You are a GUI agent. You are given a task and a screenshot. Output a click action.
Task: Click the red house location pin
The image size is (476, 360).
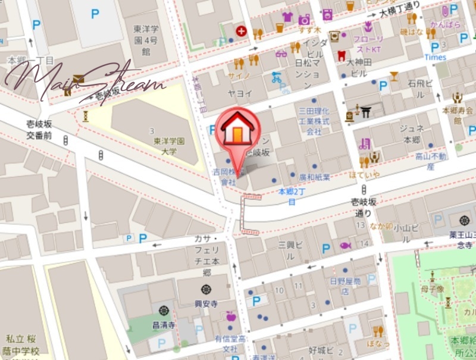[238, 132]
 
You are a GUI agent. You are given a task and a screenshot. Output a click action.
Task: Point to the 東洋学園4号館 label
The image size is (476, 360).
[146, 37]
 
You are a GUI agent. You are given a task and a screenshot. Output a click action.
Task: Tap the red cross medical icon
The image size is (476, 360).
[241, 31]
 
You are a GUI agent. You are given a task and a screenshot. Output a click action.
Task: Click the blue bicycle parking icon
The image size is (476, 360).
[275, 77]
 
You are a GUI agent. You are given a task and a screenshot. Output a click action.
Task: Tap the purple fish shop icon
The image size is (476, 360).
[345, 245]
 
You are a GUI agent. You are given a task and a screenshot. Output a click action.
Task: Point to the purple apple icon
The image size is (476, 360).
[231, 317]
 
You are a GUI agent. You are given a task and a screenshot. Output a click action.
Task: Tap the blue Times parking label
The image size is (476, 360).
[435, 57]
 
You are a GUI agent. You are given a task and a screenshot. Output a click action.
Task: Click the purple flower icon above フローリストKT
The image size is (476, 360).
[368, 26]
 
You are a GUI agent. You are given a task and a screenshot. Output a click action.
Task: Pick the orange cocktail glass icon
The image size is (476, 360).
[393, 76]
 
